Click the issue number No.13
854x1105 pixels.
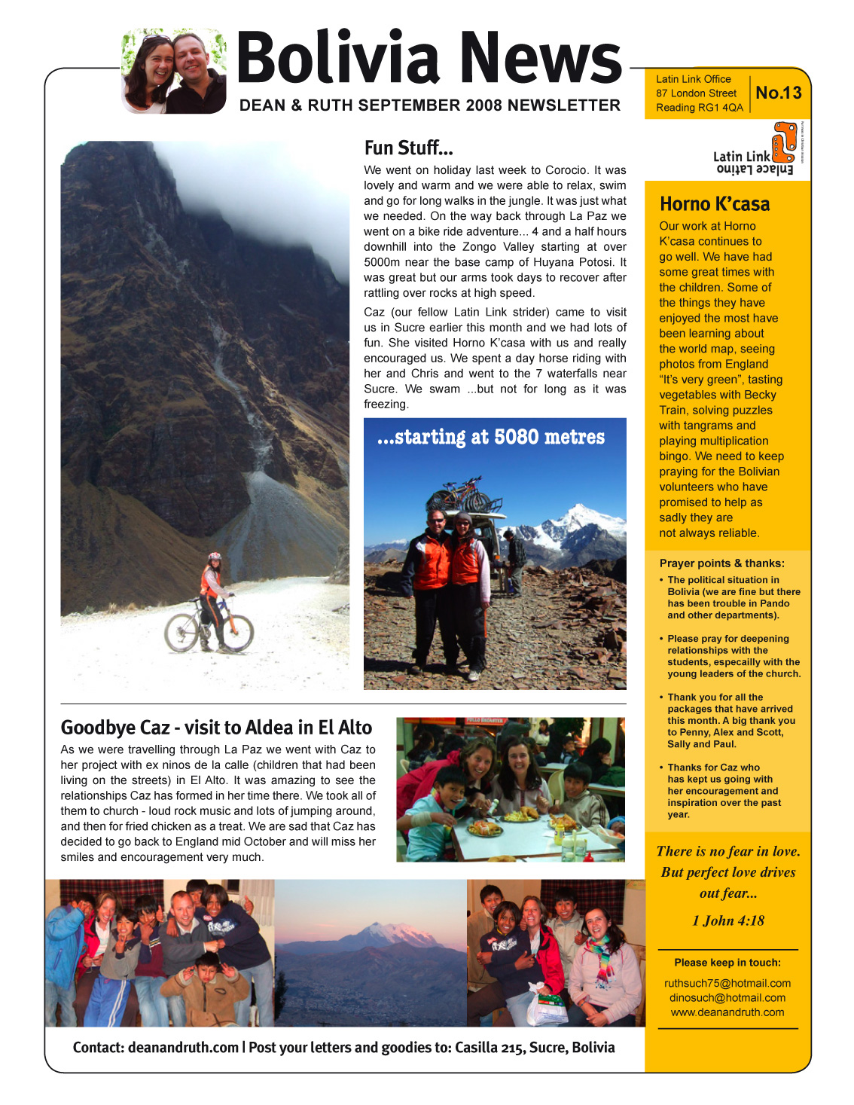779,93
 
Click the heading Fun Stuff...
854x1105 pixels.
408,148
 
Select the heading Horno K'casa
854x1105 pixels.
715,204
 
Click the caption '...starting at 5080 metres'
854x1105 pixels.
491,438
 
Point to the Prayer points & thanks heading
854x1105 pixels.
721,563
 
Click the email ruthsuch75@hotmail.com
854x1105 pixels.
727,983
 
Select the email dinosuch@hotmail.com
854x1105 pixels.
727,997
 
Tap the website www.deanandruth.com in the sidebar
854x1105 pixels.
727,1012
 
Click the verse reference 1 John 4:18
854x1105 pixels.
728,920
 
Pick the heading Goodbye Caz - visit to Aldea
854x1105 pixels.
216,728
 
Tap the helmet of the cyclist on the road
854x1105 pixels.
215,558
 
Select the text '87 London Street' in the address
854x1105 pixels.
696,93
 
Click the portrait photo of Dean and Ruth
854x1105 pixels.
174,72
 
